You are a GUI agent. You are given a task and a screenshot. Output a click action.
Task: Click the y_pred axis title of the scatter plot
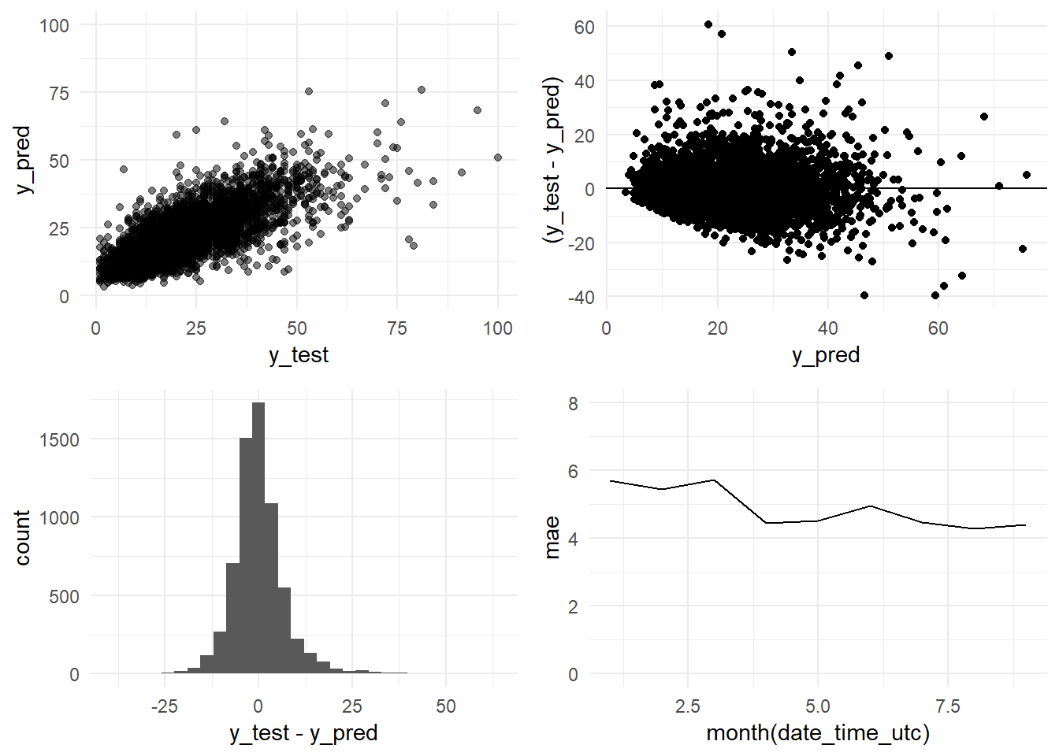click(24, 160)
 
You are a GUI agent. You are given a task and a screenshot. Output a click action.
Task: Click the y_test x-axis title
click(299, 355)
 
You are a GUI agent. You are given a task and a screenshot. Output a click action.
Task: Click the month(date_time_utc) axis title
click(818, 733)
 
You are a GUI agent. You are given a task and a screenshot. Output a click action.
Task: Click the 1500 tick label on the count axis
click(60, 440)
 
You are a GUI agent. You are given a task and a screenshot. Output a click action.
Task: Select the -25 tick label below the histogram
click(164, 706)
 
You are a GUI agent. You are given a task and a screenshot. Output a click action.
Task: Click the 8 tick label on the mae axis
click(573, 404)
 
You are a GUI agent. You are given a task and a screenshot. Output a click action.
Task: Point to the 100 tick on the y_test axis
click(497, 328)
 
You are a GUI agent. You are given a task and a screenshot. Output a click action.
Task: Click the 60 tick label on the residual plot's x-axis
click(938, 328)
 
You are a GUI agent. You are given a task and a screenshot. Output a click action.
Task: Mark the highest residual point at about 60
click(708, 25)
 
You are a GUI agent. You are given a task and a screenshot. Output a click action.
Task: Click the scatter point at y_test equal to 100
click(498, 157)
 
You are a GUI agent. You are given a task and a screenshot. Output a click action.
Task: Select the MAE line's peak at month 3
click(714, 480)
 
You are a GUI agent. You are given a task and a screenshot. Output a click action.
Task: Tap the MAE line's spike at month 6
click(870, 506)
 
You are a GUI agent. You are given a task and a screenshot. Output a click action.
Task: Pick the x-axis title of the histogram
click(303, 733)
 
